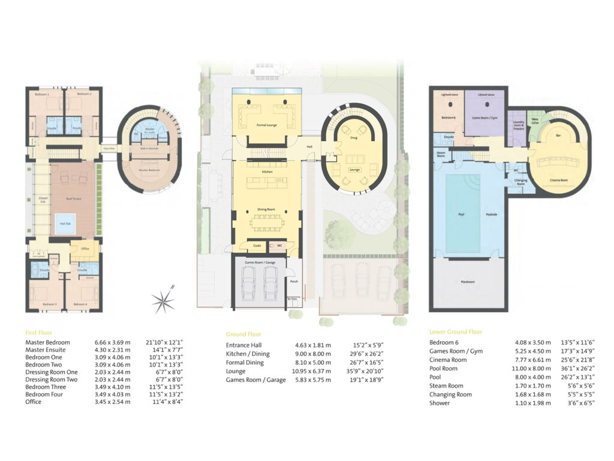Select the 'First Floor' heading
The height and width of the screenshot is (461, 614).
(38, 332)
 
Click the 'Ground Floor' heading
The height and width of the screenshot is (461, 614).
(243, 334)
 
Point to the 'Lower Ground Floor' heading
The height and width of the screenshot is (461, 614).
(456, 332)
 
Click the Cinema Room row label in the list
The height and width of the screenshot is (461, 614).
(448, 360)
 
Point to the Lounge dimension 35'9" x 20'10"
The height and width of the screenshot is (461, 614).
(368, 371)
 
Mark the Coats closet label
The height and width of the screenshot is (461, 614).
(257, 246)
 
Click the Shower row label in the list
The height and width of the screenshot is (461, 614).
(439, 403)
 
